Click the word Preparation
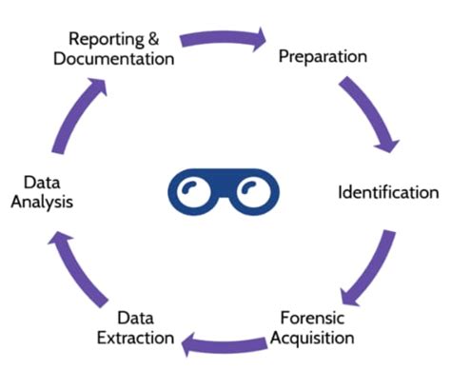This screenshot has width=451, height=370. (323, 56)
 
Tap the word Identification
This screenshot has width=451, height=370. (388, 192)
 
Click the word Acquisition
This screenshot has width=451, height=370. (317, 338)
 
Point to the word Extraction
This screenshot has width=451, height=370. (135, 338)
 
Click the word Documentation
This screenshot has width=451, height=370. (114, 58)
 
